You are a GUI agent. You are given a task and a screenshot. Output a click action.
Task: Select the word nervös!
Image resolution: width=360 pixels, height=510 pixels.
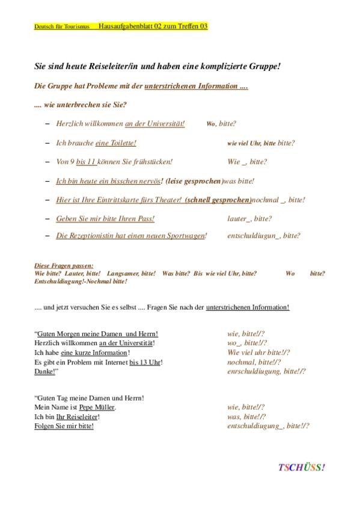[x=150, y=180]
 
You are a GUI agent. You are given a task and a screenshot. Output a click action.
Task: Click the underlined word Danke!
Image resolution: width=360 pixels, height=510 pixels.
[x=45, y=372]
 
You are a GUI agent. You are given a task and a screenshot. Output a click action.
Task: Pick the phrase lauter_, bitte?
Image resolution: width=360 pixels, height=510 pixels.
[x=249, y=218]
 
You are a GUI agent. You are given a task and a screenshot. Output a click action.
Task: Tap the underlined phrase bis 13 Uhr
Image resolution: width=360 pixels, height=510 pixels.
[x=145, y=362]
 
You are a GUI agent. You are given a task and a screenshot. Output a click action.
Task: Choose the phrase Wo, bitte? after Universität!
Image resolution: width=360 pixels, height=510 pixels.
[x=221, y=123]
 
